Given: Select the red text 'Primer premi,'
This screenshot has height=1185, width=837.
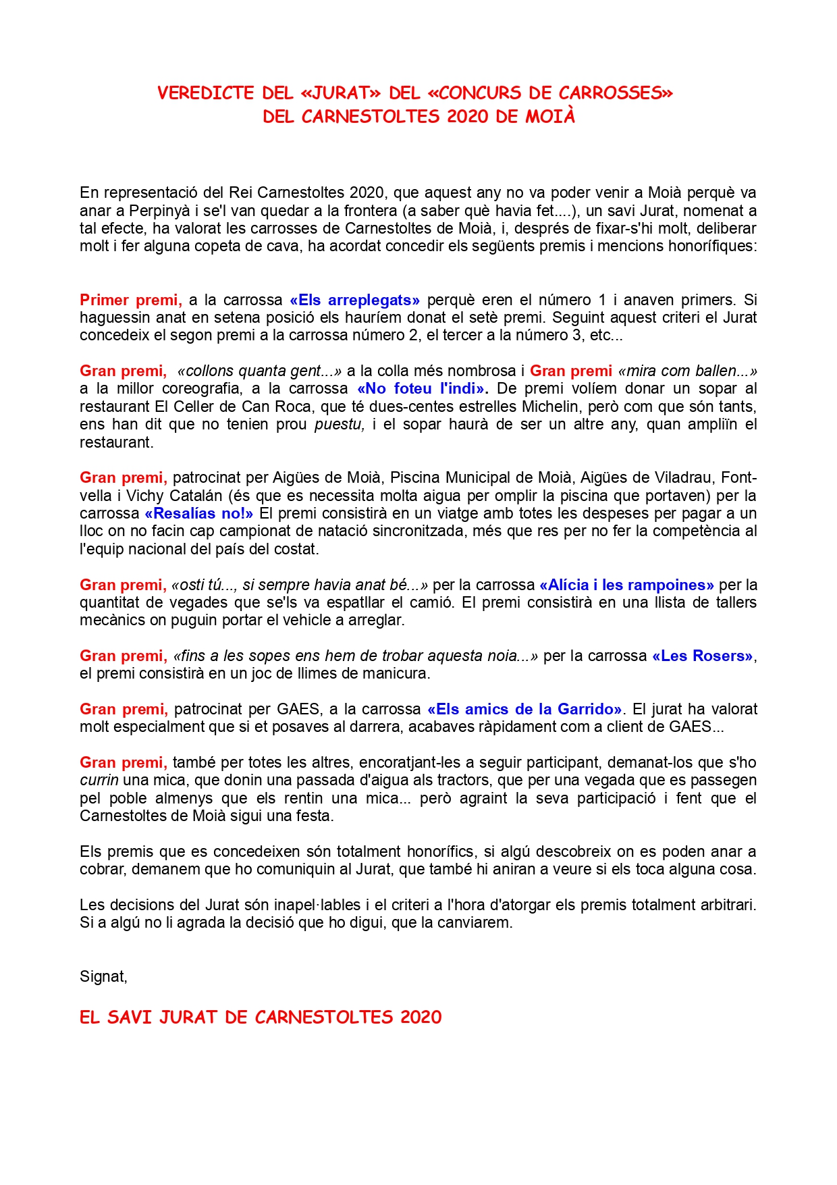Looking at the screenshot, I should (131, 300).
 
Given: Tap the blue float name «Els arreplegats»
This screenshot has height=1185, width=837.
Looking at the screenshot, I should (354, 300).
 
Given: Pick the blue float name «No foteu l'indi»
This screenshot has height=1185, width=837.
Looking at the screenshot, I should (421, 389).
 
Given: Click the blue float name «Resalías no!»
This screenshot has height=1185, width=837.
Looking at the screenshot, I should (199, 514).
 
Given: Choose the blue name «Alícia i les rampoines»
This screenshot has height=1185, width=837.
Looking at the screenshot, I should (626, 585).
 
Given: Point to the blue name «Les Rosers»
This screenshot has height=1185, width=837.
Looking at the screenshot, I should (702, 656).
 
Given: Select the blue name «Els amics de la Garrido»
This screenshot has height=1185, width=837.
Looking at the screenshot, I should (524, 710).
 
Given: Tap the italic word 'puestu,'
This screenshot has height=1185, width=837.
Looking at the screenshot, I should (340, 425).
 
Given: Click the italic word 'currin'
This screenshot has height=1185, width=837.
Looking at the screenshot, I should (99, 781).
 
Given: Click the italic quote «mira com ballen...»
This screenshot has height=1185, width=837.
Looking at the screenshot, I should (687, 371).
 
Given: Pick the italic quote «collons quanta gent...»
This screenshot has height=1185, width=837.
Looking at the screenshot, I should (259, 371).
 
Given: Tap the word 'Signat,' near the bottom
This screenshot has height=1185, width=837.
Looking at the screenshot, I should (103, 977).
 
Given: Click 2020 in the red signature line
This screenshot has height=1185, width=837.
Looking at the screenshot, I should (421, 1018).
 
